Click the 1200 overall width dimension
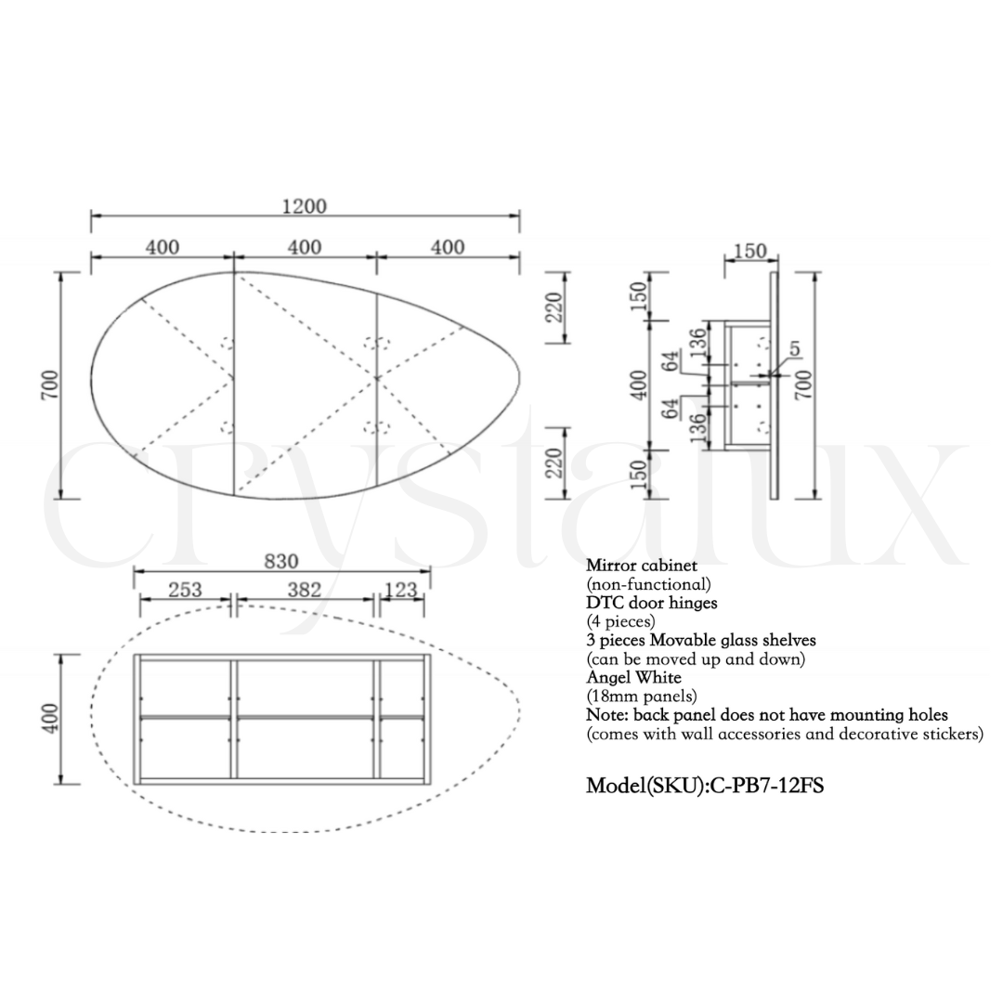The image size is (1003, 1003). (x=305, y=206)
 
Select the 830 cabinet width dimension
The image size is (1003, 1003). (x=281, y=561)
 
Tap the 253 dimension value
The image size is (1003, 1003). (x=185, y=589)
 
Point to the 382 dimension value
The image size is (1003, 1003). (x=304, y=589)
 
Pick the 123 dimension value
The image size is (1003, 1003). (x=401, y=589)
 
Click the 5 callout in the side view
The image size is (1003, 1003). (x=794, y=348)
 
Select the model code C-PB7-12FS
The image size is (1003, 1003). (x=768, y=786)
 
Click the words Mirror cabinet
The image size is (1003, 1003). (x=642, y=566)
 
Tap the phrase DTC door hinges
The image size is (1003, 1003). (x=652, y=603)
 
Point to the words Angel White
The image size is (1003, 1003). (x=634, y=677)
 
